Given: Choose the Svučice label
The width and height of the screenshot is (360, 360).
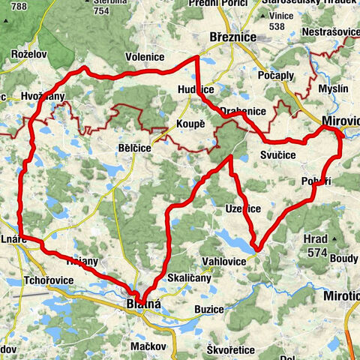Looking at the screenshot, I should tap(278, 154).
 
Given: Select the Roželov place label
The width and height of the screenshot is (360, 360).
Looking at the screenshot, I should tap(29, 55).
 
